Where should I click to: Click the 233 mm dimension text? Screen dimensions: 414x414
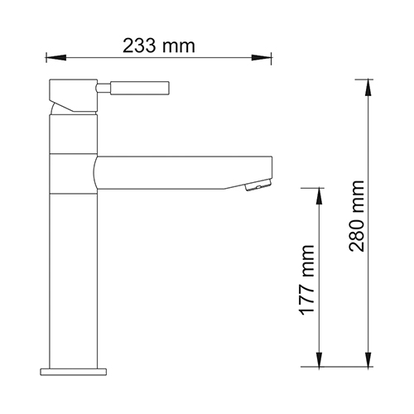point(159,46)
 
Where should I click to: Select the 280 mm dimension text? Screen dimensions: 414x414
point(356,216)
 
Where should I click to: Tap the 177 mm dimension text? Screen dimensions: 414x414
point(306,280)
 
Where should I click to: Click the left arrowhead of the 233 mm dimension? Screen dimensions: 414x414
point(55,58)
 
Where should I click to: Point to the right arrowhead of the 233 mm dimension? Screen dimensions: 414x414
point(262,58)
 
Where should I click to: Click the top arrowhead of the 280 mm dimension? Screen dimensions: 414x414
point(368,88)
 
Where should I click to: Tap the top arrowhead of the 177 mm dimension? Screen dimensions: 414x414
point(319,196)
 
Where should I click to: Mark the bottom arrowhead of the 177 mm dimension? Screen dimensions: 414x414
point(319,359)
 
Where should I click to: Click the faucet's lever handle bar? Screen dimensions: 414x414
point(140,88)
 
